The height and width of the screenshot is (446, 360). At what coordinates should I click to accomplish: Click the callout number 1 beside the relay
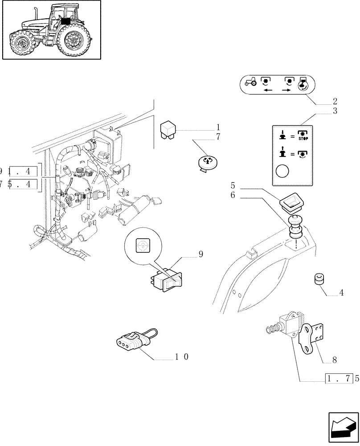click(x=218, y=127)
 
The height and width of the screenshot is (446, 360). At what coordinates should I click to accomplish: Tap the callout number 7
click(x=218, y=137)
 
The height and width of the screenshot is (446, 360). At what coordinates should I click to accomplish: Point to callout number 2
click(x=335, y=101)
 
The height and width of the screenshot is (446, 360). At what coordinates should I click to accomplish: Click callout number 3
click(x=335, y=111)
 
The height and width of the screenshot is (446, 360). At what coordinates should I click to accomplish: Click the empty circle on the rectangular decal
click(x=282, y=170)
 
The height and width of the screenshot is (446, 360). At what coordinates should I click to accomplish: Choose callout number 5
click(x=233, y=185)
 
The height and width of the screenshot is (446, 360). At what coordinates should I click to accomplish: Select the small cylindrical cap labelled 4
click(x=319, y=280)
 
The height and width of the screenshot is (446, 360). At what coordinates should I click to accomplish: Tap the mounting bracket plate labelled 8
click(x=310, y=334)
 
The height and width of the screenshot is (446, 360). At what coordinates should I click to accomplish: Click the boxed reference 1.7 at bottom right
click(x=339, y=379)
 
